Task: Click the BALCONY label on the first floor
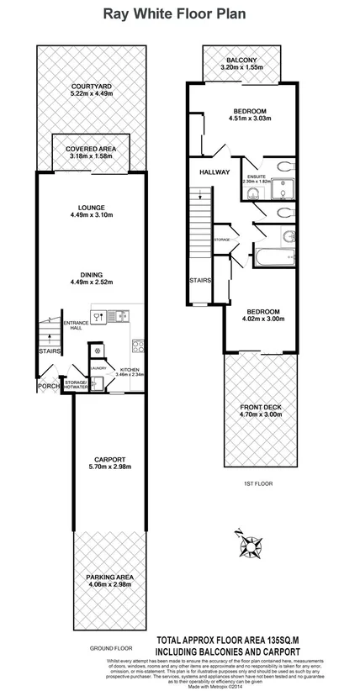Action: [x=237, y=59]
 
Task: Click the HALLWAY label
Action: [x=214, y=171]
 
